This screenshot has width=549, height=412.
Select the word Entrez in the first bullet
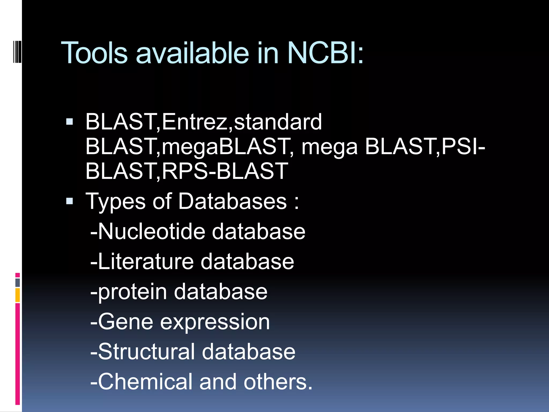point(194,122)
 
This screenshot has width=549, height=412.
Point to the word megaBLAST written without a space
point(225,147)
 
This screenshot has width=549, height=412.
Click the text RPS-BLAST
point(225,171)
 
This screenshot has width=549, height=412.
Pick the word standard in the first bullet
point(278,122)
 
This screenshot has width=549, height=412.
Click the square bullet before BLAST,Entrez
point(69,122)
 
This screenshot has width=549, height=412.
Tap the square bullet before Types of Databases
point(69,201)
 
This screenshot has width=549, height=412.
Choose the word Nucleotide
point(152,231)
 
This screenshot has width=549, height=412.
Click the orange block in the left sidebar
point(18,295)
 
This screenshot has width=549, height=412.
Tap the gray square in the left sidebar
point(18,282)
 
